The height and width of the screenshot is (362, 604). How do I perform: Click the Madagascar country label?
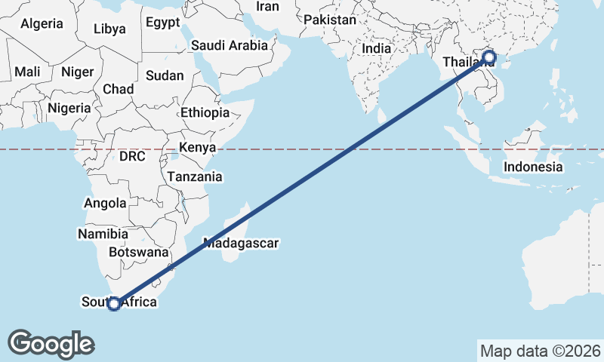pos(241,244)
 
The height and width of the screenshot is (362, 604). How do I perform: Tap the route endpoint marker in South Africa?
pos(114,304)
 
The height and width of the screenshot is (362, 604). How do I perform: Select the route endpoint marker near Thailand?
pos(488,57)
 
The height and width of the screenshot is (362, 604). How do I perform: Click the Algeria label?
pos(42,23)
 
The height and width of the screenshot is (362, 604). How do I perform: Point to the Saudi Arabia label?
pos(230,45)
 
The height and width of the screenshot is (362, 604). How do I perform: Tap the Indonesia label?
pos(534,167)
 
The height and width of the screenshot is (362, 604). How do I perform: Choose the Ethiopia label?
pos(205,112)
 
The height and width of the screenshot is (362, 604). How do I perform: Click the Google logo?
pos(51,343)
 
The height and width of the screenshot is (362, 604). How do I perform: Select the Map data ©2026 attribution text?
pos(540,351)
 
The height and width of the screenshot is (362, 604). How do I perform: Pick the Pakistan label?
pos(329,20)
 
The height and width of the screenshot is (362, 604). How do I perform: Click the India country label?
pos(377,48)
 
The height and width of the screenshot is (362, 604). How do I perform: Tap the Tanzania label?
pos(196,177)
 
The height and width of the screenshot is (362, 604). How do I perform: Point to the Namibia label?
pos(103,234)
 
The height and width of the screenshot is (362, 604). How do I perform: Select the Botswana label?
pos(137,252)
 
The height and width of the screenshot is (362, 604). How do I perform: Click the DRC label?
pos(131,156)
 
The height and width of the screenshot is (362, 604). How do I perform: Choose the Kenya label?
pos(198,147)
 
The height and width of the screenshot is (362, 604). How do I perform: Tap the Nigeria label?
pos(69,108)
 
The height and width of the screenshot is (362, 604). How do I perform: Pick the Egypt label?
pos(163,23)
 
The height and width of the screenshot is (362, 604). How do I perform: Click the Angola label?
pos(106,203)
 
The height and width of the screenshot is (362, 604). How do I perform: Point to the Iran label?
pos(267,6)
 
